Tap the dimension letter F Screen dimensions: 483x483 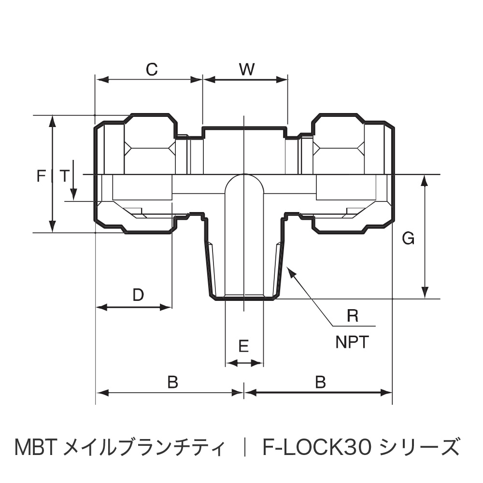(41, 176)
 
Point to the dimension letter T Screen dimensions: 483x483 (64, 176)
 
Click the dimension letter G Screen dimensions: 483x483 (408, 239)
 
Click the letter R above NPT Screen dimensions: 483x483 (353, 316)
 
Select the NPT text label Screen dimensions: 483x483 (352, 342)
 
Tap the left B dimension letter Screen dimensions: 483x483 (173, 382)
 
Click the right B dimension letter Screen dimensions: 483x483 (320, 382)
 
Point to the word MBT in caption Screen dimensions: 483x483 (36, 447)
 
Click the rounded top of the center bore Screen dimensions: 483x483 (244, 177)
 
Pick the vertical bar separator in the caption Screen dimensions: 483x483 (245, 447)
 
